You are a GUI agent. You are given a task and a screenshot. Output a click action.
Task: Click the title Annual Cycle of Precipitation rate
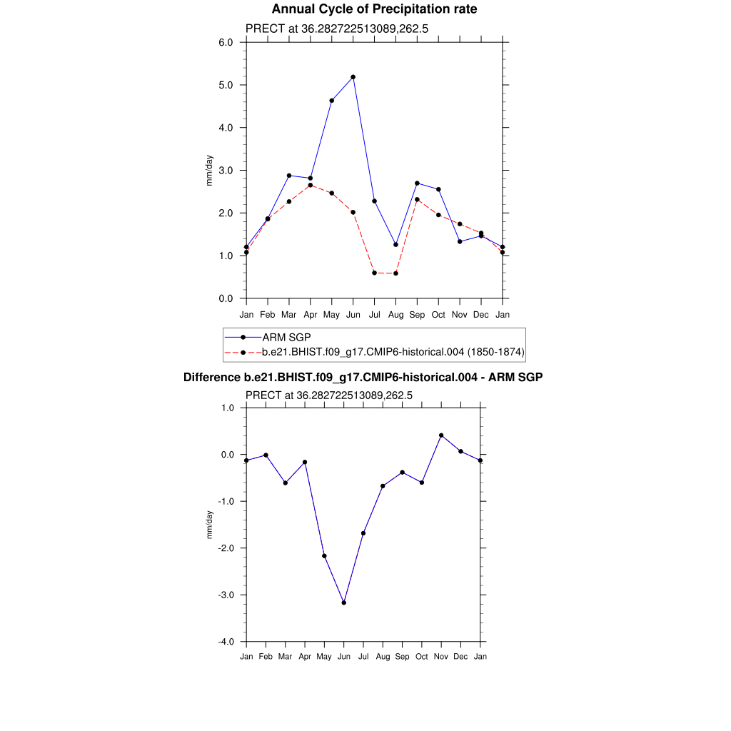pos(374,9)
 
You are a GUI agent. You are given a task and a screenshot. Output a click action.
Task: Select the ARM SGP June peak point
pos(353,76)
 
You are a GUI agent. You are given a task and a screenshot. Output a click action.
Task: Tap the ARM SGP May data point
pos(332,101)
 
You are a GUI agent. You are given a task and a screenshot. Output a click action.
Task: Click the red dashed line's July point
pos(374,273)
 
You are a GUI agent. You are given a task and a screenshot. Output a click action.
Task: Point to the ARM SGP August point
pos(395,244)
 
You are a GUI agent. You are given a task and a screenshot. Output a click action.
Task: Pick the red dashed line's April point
pos(311,185)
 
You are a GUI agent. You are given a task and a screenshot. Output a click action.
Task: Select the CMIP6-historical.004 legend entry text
pos(393,352)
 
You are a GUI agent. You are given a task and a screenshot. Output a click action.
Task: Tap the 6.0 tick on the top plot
pos(226,42)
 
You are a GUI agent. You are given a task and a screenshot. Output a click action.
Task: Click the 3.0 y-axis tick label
pos(226,171)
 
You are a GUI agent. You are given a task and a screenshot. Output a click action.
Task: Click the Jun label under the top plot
pos(353,315)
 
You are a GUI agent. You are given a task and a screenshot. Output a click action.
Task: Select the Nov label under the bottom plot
pos(441,657)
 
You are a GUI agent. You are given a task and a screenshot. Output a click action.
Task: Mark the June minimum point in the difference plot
pos(344,603)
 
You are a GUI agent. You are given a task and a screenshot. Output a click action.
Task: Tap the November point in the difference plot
pos(441,435)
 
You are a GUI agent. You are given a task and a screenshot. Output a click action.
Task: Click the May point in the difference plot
pos(324,556)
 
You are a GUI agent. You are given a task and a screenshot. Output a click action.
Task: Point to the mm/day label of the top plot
pos(209,171)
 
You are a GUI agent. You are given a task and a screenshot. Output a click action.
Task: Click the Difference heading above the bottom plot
pos(363,377)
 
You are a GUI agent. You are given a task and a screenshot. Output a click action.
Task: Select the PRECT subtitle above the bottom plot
pos(329,395)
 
